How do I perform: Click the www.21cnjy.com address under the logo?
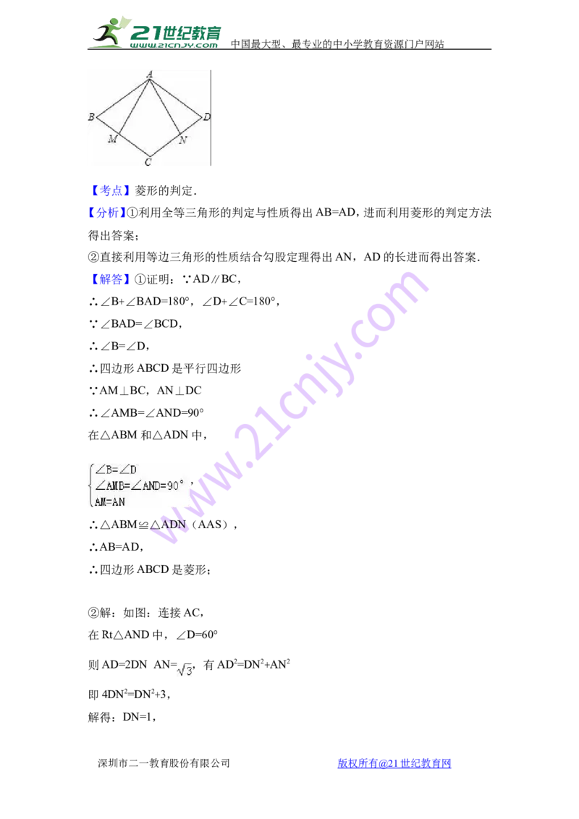174,45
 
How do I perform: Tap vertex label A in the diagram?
150,75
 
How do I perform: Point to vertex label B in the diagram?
91,116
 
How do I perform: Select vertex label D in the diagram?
207,117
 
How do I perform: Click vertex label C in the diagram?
148,162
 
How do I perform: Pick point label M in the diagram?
112,138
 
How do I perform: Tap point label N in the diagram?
182,140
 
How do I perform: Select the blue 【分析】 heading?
107,213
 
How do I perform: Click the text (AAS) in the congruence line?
211,525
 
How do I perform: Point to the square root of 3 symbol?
185,669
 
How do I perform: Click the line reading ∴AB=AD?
116,547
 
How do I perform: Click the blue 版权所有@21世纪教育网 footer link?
394,763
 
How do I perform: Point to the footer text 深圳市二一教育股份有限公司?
164,763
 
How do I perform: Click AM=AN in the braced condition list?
110,502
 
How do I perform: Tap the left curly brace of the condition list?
91,485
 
